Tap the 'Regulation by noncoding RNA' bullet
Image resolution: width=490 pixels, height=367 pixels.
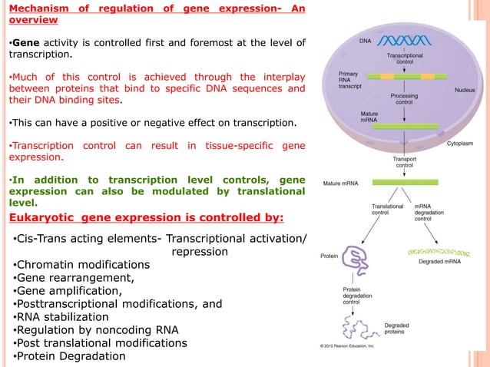pyautogui.click(x=97, y=329)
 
